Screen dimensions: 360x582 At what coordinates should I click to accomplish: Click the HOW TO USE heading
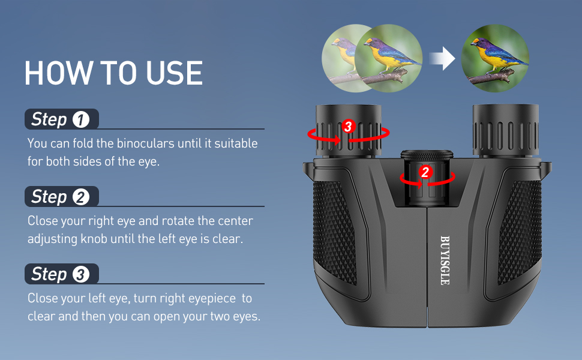coord(113,73)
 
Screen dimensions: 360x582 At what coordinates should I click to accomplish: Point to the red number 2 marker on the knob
coord(425,172)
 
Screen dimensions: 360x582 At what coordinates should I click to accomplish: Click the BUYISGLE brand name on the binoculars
coord(444,259)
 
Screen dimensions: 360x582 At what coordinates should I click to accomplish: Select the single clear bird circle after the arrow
coord(496,58)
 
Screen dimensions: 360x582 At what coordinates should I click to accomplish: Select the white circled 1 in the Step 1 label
coord(80,120)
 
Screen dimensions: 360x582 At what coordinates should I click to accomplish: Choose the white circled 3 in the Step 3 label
coord(80,275)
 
